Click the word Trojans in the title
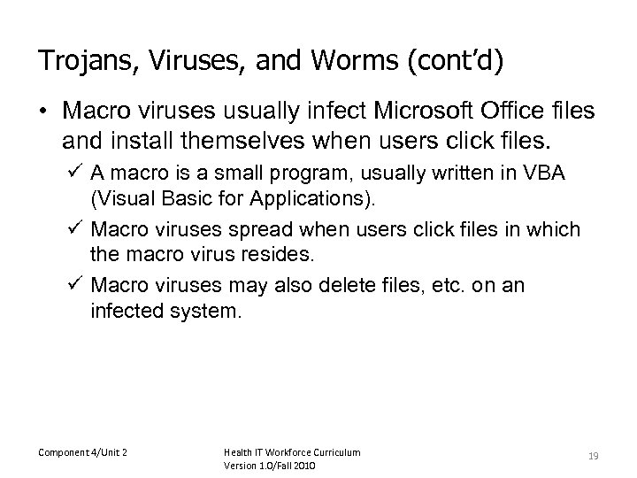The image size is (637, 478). [x=75, y=62]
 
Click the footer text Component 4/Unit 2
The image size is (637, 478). [x=81, y=452]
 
